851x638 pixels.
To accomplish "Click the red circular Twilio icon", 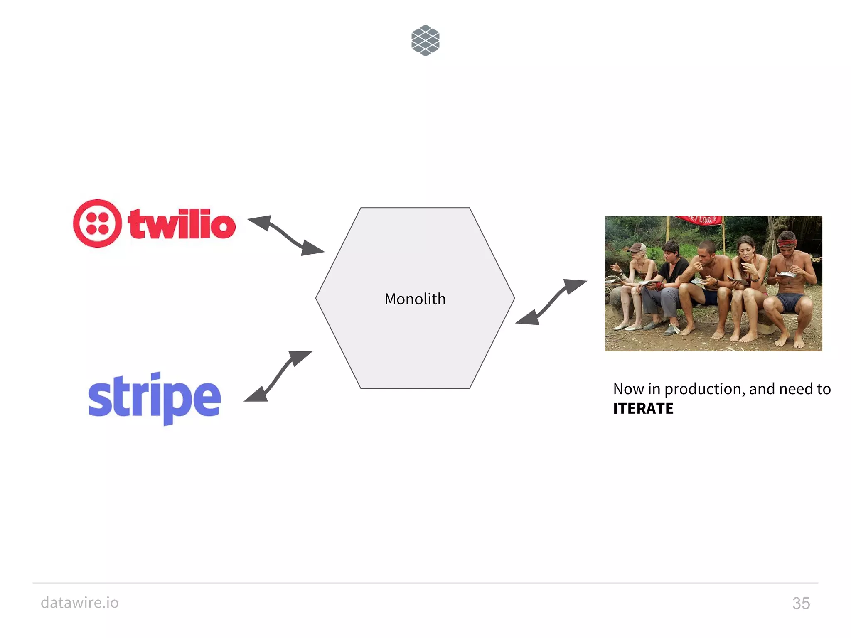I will pos(97,223).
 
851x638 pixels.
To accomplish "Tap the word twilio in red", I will pos(182,224).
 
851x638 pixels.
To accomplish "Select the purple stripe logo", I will pos(154,398).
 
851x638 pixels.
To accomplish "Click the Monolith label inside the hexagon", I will pos(415,299).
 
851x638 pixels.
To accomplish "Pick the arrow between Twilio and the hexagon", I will pos(286,235).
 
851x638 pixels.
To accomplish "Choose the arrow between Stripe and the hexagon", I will pos(278,376).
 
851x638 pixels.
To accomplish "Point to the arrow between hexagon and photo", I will pos(551,302).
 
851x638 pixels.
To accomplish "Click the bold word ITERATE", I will pos(643,409).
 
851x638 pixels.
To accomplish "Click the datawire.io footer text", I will pos(79,603).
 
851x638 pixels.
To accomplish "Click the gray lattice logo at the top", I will pos(425,40).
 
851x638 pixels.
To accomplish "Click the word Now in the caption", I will pos(628,389).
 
